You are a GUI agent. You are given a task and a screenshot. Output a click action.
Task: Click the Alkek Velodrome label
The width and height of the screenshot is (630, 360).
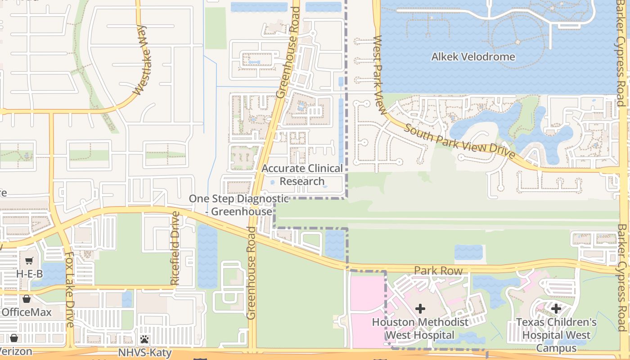(x=473, y=57)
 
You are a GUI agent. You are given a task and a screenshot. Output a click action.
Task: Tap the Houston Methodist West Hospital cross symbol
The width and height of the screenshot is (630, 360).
(x=420, y=308)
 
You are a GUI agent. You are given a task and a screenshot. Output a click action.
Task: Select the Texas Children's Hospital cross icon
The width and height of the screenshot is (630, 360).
(x=556, y=308)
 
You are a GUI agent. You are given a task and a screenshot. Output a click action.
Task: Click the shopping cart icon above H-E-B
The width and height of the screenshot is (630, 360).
(x=29, y=261)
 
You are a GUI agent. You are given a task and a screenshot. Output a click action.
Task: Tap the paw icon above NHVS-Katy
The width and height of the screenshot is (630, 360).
(x=144, y=339)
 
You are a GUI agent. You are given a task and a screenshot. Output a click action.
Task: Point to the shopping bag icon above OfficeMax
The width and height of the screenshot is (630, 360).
(x=27, y=299)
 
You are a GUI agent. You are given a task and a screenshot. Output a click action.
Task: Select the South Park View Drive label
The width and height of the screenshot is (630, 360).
(x=459, y=142)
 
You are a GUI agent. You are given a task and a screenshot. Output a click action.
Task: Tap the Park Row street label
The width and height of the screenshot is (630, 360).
(x=438, y=271)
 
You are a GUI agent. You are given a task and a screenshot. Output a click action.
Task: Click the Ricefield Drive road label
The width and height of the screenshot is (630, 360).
(x=175, y=248)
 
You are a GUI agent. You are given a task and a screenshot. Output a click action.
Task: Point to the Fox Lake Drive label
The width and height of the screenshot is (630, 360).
(x=69, y=289)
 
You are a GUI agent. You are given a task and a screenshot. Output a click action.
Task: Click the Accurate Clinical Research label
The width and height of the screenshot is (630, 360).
(x=302, y=175)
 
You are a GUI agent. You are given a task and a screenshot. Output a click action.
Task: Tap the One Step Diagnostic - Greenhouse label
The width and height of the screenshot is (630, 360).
(x=238, y=205)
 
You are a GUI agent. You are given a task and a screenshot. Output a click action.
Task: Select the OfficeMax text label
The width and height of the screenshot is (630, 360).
(x=27, y=312)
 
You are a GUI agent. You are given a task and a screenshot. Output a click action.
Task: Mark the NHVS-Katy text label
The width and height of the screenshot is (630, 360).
(x=144, y=352)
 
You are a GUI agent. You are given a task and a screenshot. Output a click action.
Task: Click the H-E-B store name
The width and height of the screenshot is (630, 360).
(x=29, y=274)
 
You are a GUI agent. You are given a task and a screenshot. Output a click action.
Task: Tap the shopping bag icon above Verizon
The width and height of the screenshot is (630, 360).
(x=14, y=338)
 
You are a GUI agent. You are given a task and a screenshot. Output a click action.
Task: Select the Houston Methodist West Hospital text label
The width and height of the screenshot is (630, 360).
(x=420, y=328)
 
